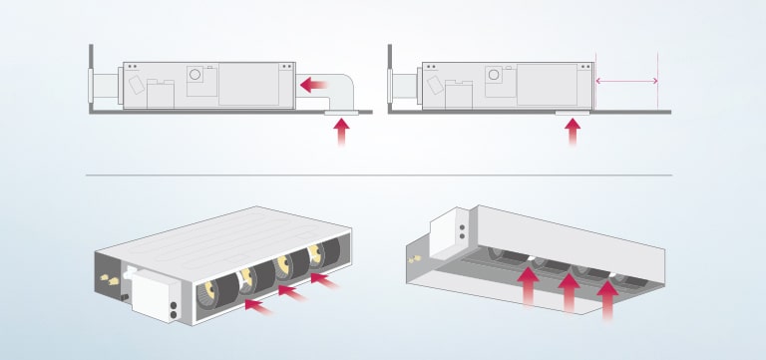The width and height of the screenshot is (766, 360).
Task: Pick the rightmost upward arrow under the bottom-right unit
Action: tap(607, 300)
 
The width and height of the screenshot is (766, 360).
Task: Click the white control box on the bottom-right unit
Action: tap(456, 230)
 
